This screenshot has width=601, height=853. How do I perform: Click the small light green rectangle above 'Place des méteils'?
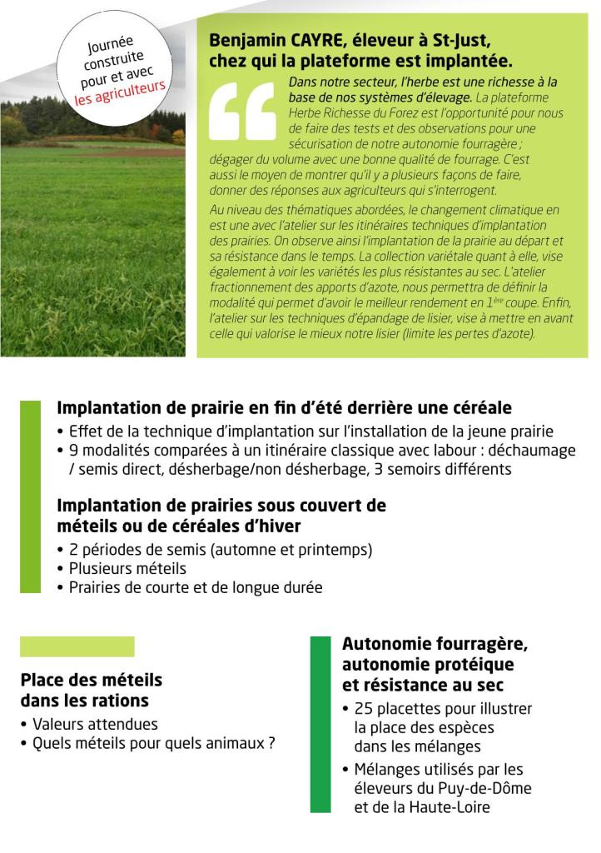77,646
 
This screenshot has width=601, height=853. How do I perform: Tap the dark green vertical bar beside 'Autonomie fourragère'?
320,724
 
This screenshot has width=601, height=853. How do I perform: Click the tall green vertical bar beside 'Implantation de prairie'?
30,496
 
